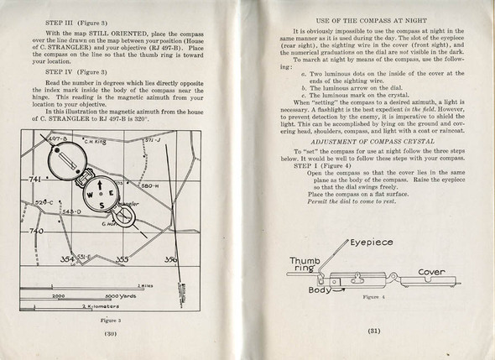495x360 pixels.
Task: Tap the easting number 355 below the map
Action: tap(122, 260)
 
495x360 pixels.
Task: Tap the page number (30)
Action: tap(111, 333)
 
